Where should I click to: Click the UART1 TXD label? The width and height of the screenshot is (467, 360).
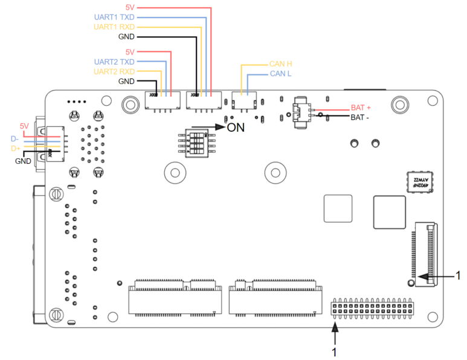click(114, 18)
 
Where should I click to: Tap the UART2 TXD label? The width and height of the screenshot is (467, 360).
click(114, 62)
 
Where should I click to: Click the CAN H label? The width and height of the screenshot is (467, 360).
click(281, 64)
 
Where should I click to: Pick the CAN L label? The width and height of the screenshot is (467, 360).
click(280, 74)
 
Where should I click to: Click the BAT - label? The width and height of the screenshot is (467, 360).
click(360, 117)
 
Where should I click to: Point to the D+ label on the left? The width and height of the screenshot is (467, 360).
click(14, 148)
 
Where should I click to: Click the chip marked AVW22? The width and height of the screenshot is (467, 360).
click(419, 182)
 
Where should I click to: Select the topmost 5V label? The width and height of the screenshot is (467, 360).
click(129, 7)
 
